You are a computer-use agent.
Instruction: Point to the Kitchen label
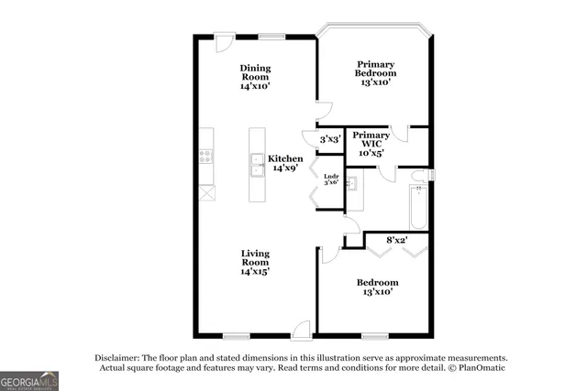(285, 162)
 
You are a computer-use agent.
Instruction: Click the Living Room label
(255, 261)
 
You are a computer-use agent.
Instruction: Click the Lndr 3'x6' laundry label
(331, 179)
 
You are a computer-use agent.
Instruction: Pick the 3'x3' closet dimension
(330, 139)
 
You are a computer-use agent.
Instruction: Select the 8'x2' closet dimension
(396, 240)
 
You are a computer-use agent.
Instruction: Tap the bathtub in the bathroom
(418, 207)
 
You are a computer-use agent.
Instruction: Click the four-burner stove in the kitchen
(205, 156)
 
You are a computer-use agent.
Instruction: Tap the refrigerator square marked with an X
(206, 192)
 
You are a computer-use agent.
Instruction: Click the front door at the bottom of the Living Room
(301, 331)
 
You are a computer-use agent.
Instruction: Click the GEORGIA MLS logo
(29, 380)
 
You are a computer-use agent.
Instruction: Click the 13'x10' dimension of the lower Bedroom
(377, 293)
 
